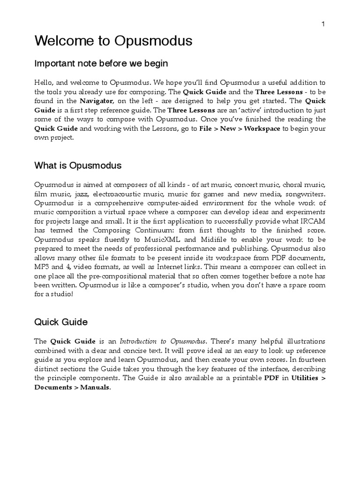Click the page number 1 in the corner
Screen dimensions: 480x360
[x=323, y=24]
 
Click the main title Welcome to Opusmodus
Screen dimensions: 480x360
[x=113, y=41]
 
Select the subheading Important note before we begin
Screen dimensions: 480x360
[x=101, y=63]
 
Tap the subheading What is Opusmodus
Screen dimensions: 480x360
[x=78, y=165]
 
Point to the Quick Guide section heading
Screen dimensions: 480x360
[x=61, y=322]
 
